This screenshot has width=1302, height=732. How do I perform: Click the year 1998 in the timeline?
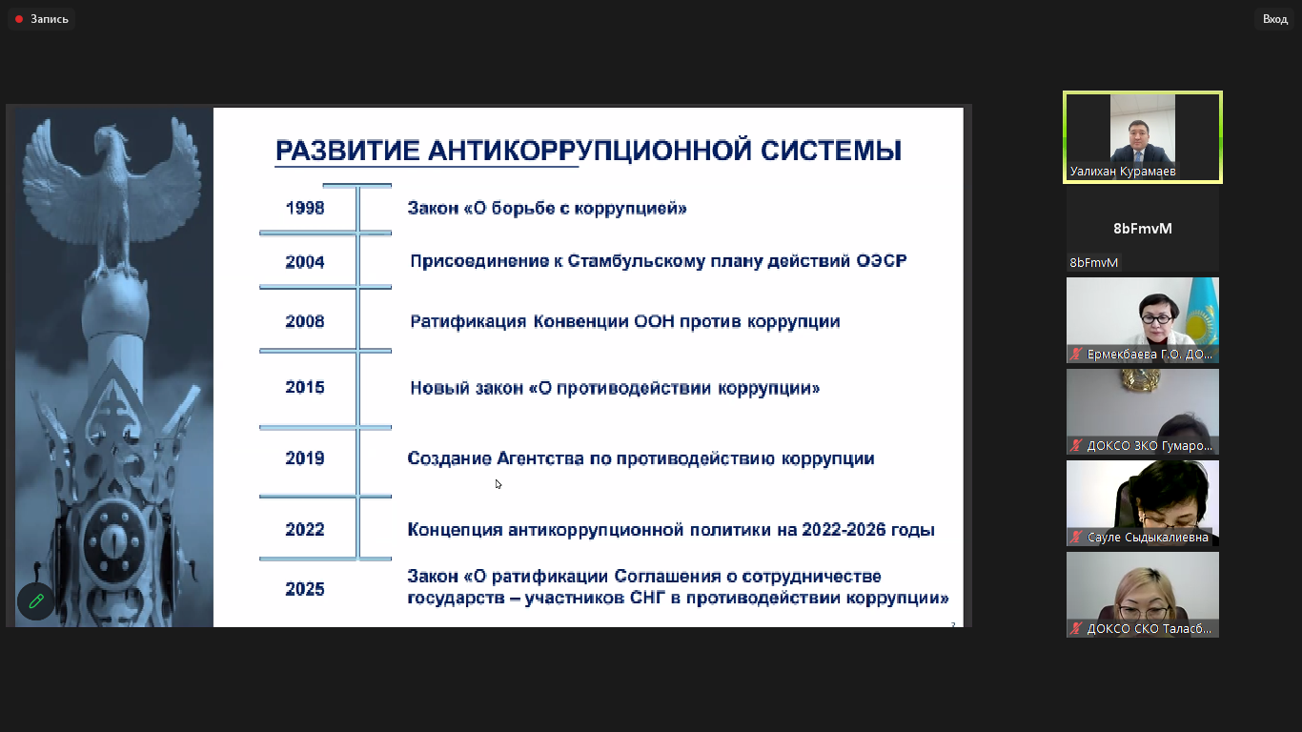click(x=305, y=208)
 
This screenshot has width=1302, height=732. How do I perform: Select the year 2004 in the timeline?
click(x=305, y=262)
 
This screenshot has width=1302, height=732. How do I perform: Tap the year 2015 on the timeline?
click(x=305, y=388)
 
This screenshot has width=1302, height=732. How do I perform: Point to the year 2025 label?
click(x=305, y=590)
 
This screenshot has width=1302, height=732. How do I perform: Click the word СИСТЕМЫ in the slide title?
click(x=830, y=151)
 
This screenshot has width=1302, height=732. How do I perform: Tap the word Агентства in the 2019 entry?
click(x=540, y=458)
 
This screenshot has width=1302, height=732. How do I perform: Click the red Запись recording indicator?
click(x=19, y=19)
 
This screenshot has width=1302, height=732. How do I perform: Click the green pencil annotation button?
click(x=36, y=601)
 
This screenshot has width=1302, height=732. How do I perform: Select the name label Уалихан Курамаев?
click(x=1123, y=172)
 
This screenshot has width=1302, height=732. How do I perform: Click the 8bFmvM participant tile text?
click(x=1142, y=229)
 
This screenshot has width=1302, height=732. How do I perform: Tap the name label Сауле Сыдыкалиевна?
click(x=1148, y=538)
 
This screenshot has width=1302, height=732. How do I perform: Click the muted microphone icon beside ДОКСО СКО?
click(x=1076, y=629)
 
